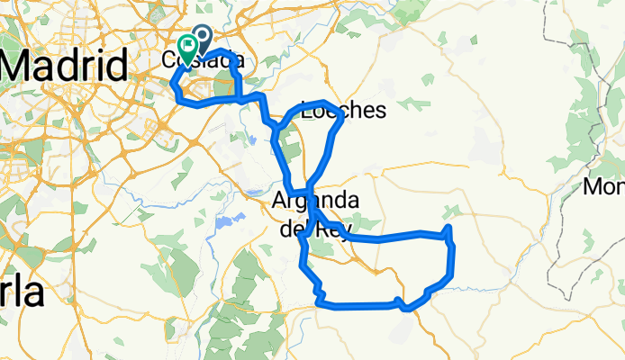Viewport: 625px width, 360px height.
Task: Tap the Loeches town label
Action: click(x=343, y=112)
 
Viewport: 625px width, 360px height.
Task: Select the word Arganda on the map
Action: click(x=316, y=201)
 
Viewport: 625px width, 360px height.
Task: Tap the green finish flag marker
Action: click(x=188, y=47)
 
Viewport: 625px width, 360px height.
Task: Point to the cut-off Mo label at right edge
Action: click(x=603, y=187)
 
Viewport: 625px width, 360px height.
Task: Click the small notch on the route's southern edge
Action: click(x=400, y=301)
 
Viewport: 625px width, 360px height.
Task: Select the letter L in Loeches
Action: click(x=308, y=112)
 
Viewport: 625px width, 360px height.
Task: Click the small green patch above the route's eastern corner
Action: click(x=451, y=211)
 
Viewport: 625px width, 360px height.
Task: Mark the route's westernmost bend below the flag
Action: click(x=172, y=84)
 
